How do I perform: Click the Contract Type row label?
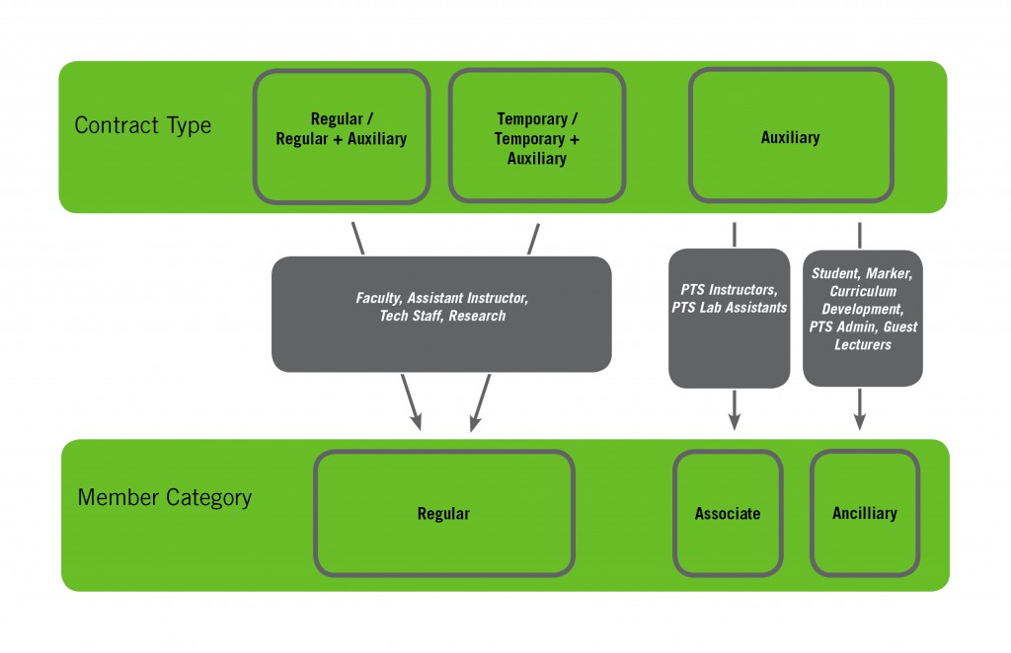(x=142, y=126)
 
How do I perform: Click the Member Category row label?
(x=164, y=497)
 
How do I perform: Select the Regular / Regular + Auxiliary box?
(x=342, y=136)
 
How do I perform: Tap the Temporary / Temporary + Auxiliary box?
(x=536, y=136)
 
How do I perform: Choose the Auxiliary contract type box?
(x=790, y=136)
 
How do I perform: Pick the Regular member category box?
(x=443, y=513)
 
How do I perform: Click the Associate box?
(x=728, y=513)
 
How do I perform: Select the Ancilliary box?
(x=864, y=513)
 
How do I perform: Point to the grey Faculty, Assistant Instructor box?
(x=441, y=314)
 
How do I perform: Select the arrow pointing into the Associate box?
(x=735, y=410)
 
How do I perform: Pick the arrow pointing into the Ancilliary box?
(x=860, y=410)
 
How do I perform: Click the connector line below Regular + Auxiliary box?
(x=357, y=238)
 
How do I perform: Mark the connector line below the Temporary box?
(x=534, y=238)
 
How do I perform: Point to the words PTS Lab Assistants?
(x=729, y=307)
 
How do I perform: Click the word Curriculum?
(x=862, y=291)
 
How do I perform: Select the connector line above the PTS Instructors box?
(x=735, y=235)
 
